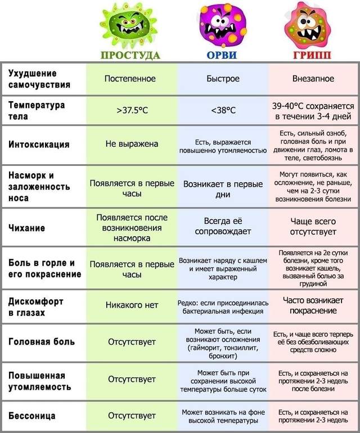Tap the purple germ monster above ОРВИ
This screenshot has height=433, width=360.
coord(220,25)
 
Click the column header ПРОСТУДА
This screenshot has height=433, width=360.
coord(130,55)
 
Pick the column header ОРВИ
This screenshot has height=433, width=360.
coord(222,55)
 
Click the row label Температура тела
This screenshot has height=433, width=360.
coord(37,111)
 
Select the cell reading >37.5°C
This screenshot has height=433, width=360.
coord(132,111)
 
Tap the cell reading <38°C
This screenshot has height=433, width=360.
coord(223,111)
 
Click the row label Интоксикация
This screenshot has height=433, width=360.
coord(39,145)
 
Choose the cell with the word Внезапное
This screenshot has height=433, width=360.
coord(313,79)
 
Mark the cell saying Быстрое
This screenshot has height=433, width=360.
coord(223,79)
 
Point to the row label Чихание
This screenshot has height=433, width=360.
coord(27,228)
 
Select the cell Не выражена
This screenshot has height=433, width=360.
coord(132,144)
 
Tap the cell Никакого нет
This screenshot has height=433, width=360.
coord(132,305)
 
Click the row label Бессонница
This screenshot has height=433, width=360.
coord(32,416)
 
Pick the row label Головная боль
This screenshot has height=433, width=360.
coord(42,341)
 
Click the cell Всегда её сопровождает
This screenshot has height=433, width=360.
coord(223,226)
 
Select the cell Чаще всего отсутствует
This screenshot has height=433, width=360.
coord(313,226)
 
